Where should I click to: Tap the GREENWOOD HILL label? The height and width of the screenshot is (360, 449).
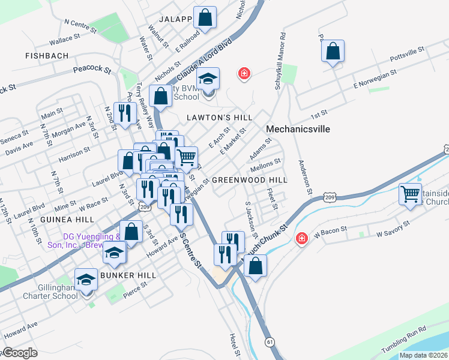point(250,180)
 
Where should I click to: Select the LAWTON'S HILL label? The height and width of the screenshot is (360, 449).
point(219,116)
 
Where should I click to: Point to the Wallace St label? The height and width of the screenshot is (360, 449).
point(65,40)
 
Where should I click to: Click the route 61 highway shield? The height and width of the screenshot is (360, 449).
point(270,341)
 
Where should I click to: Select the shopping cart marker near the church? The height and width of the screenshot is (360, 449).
point(411,194)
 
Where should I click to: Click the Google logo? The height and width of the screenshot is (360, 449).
point(20,353)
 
